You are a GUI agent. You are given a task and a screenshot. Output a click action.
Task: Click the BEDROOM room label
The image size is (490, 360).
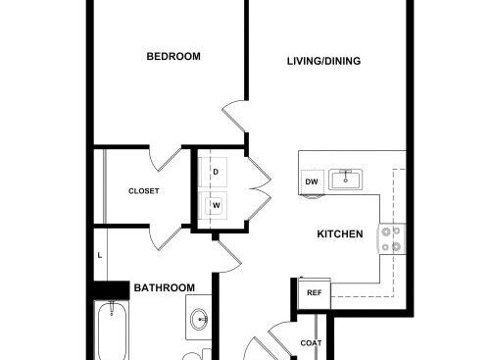coord(173,56)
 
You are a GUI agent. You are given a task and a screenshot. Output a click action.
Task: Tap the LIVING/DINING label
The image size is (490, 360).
coord(323,61)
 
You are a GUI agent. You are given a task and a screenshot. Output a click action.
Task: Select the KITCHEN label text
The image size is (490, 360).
coord(340,234)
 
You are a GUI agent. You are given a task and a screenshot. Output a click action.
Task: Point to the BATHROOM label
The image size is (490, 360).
coord(165,287)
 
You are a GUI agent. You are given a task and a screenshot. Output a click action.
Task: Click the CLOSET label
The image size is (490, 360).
coord(144,191)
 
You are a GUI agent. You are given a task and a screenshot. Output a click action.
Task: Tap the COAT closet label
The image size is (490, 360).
coord(311,343)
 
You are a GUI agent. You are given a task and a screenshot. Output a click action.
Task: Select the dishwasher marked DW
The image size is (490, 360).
coord(312,182)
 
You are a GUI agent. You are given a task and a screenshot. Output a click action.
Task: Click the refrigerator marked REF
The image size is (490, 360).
coord(315,293)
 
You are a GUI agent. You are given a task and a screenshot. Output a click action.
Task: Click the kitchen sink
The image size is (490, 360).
coord(345,180)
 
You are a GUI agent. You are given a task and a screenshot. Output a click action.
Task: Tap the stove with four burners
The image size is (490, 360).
coord(392,238)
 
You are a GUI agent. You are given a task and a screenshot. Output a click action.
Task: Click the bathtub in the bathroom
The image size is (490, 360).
coord(112,331)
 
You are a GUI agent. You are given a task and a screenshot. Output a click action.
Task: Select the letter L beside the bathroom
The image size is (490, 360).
coord(100,255)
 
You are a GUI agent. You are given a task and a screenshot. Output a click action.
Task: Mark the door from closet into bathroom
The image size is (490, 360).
coord(165,238)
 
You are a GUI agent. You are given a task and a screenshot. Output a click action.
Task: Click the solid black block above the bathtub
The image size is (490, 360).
coord(111,290)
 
